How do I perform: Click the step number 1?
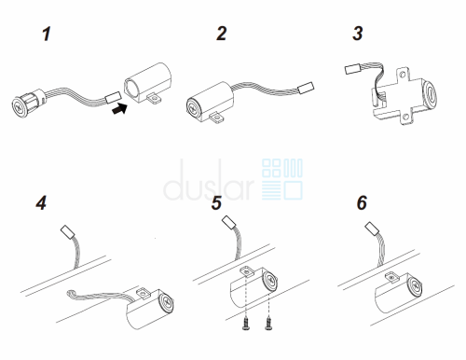[x=47, y=34]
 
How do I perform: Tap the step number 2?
[x=222, y=34]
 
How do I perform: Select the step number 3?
[x=358, y=34]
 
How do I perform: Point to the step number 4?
[x=41, y=202]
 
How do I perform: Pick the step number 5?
[x=216, y=202]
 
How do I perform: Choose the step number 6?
[x=362, y=202]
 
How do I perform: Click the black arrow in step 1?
[x=119, y=108]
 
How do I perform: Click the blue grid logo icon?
[x=282, y=179]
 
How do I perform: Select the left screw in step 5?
[x=246, y=325]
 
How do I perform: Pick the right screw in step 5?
[x=268, y=325]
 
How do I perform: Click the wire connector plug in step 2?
[x=306, y=88]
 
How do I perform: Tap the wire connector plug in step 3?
[x=352, y=69]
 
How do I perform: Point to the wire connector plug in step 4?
[x=67, y=231]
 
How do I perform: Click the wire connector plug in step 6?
[x=372, y=228]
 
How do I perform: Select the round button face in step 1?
[x=20, y=107]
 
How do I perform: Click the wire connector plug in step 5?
[x=229, y=223]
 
